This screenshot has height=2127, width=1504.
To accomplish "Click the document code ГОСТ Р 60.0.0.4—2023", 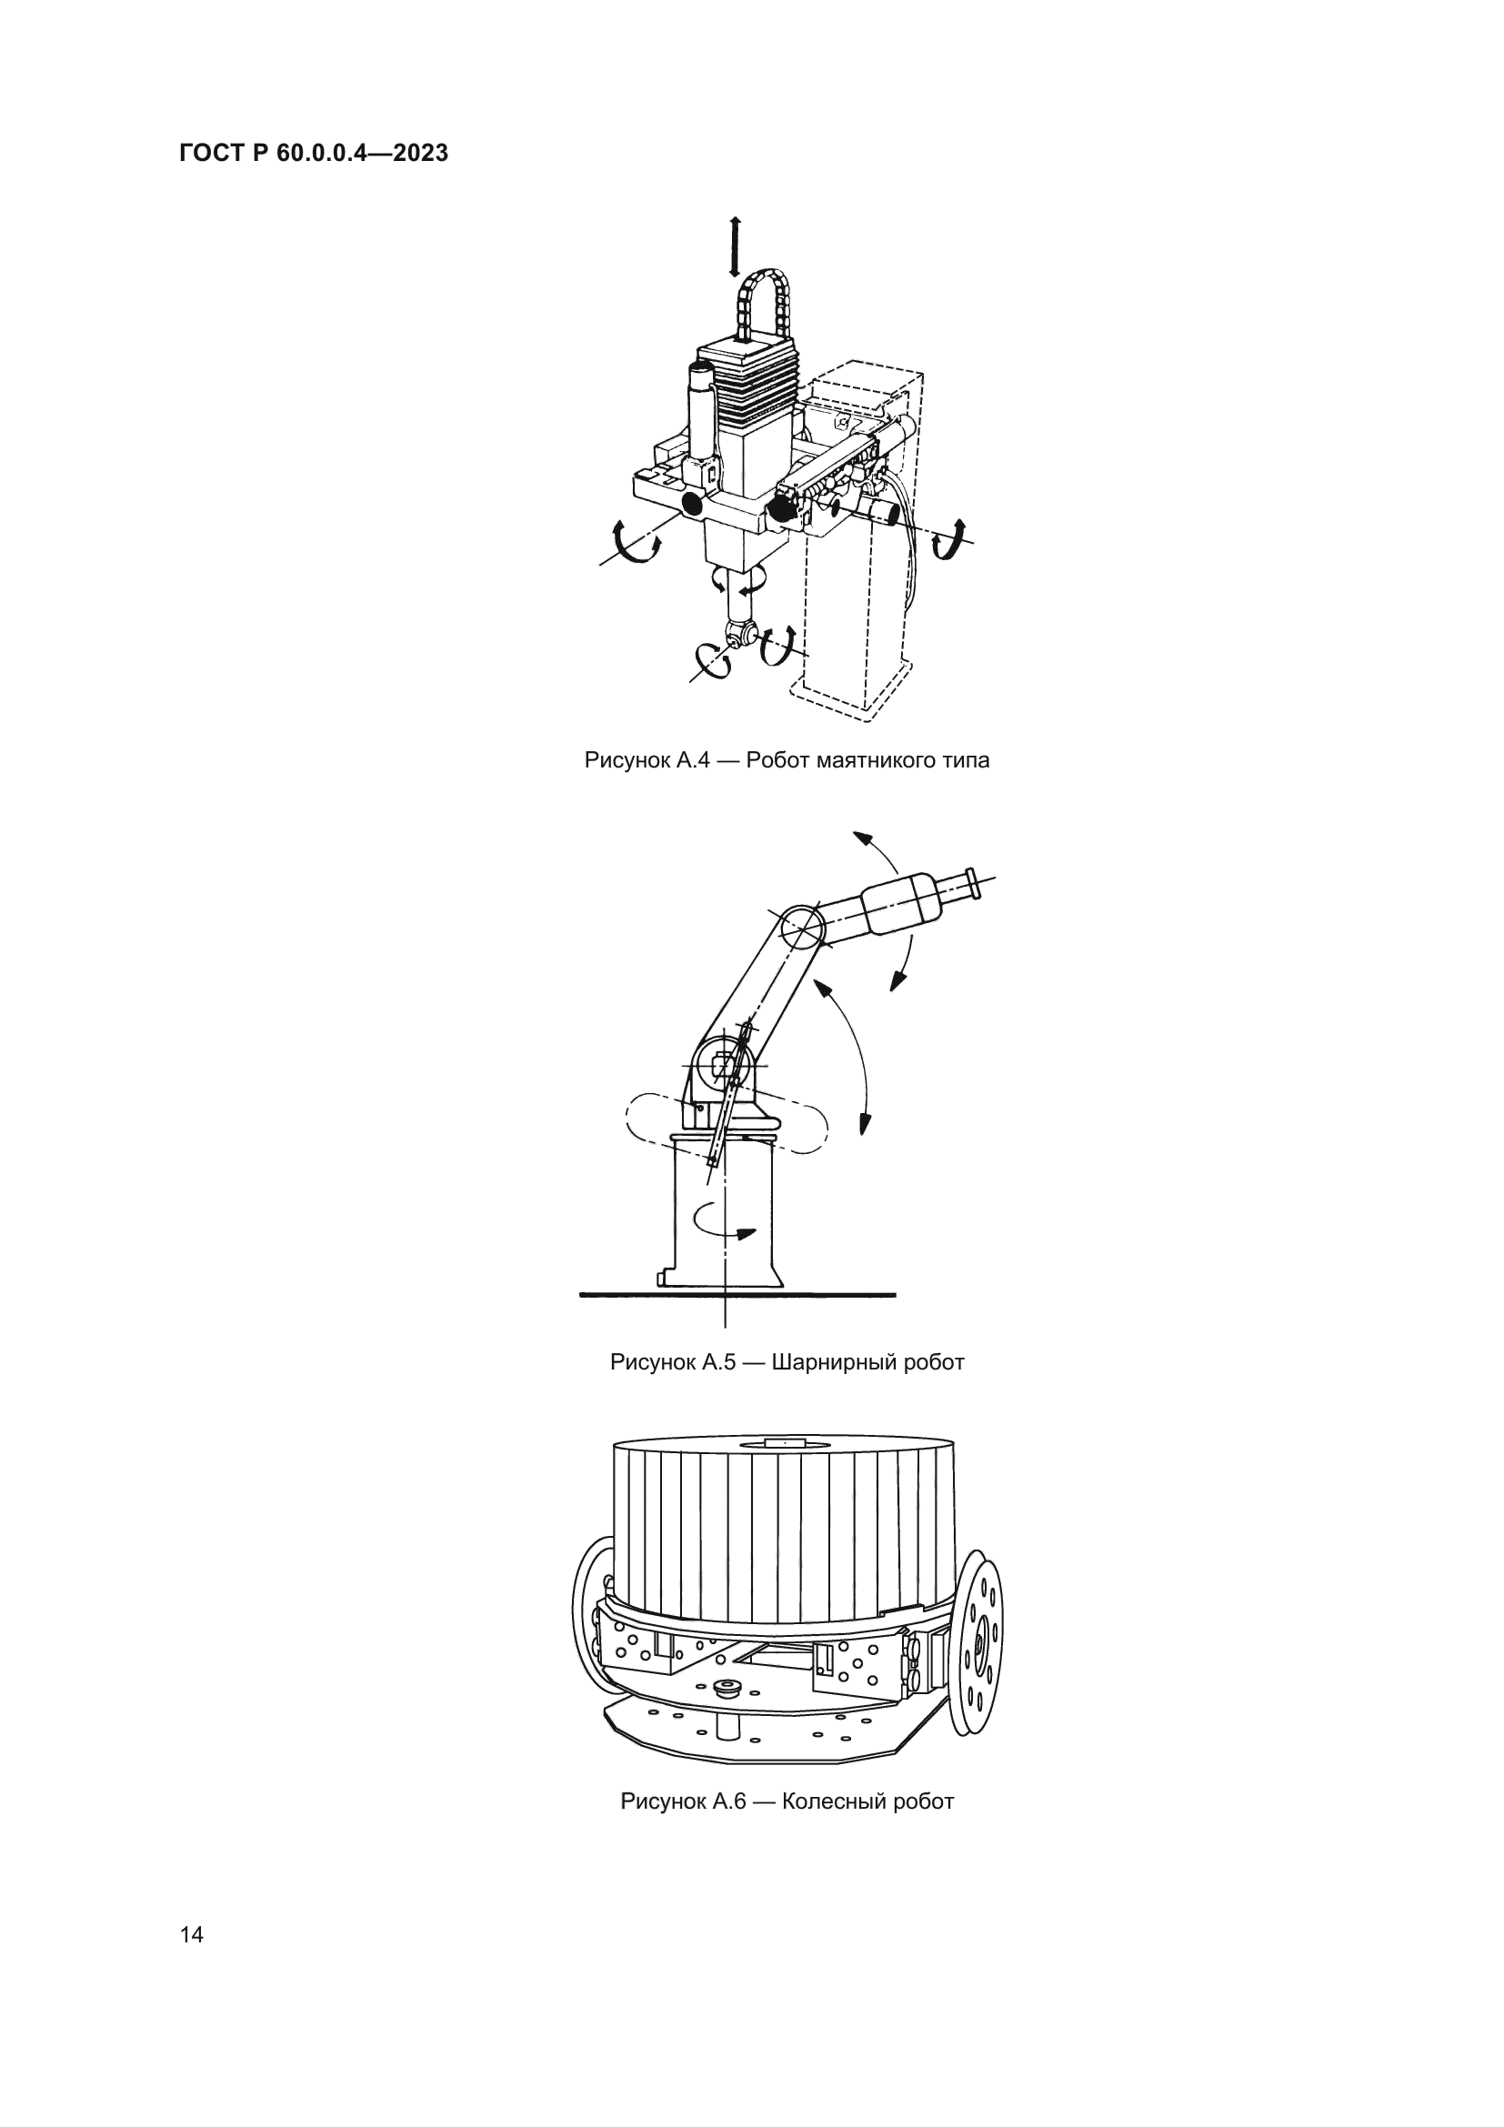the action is (x=314, y=154).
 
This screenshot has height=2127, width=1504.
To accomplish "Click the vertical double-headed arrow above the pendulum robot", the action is (x=735, y=246).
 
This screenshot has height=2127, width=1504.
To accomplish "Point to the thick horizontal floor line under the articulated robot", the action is (x=737, y=1294).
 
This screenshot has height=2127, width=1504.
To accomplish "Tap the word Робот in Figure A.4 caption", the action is (x=779, y=760).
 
